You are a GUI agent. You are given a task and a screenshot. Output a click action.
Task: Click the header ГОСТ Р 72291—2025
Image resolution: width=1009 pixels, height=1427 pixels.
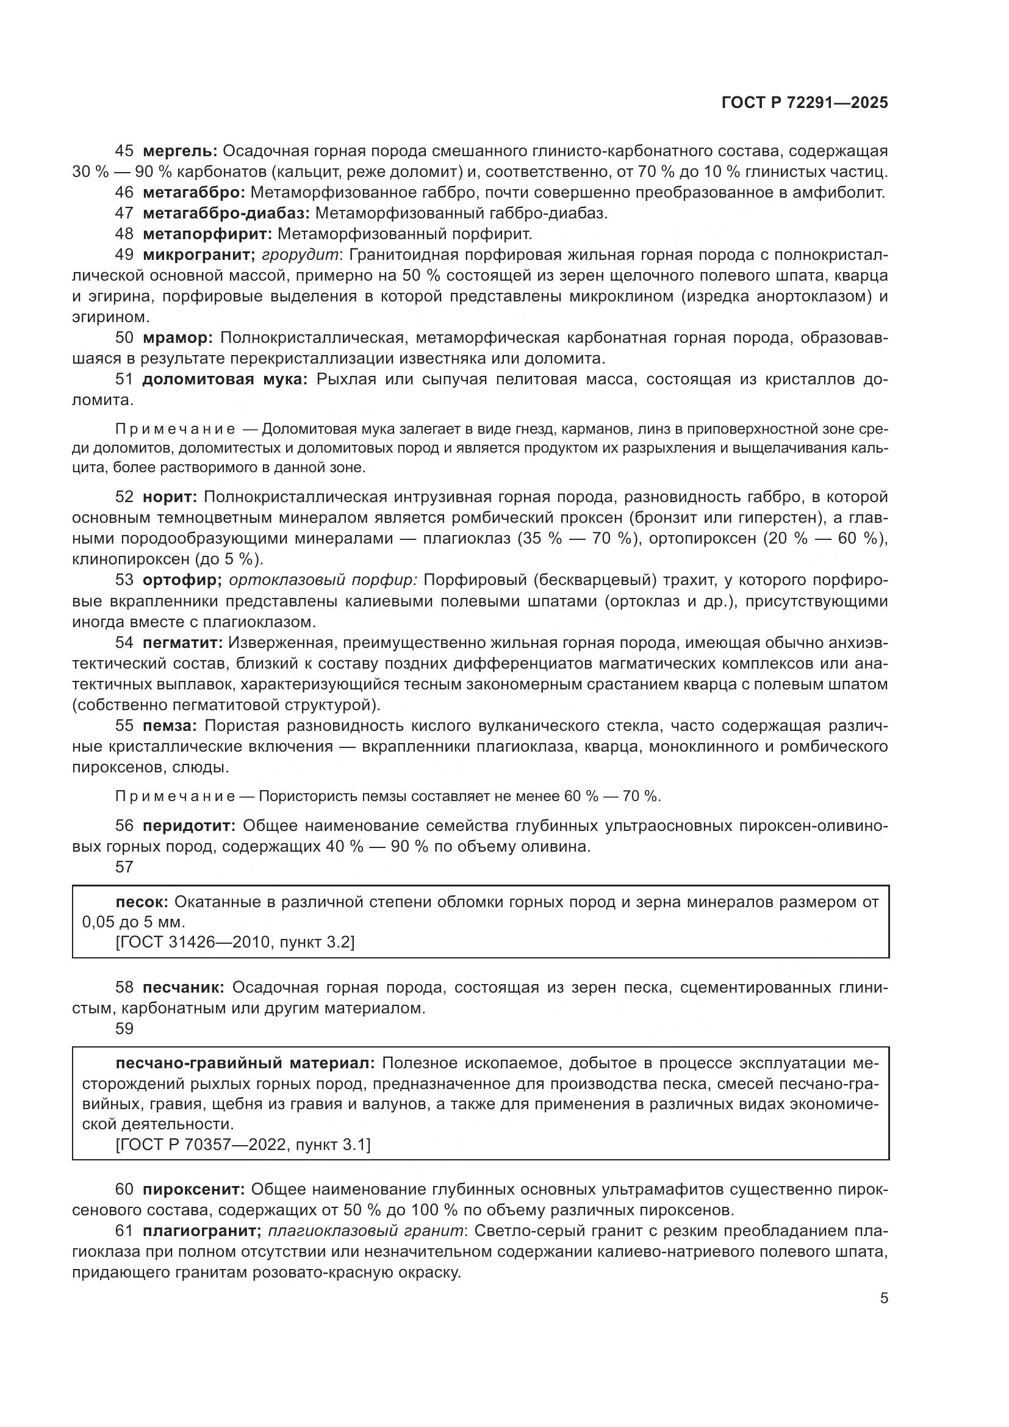pyautogui.click(x=805, y=103)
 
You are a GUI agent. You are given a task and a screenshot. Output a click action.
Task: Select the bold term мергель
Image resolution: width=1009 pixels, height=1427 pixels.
pyautogui.click(x=179, y=151)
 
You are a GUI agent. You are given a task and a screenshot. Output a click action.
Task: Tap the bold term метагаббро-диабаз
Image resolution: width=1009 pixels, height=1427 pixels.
pyautogui.click(x=226, y=213)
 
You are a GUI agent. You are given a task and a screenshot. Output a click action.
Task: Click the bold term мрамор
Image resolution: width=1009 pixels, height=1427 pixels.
pyautogui.click(x=178, y=337)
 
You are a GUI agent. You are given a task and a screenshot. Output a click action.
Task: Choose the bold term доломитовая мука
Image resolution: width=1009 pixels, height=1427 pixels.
pyautogui.click(x=225, y=379)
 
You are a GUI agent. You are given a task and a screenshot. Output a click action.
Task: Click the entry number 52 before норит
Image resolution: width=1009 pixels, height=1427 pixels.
pyautogui.click(x=124, y=497)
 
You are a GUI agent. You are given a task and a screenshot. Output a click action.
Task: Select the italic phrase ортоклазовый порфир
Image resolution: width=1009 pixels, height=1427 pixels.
pyautogui.click(x=323, y=580)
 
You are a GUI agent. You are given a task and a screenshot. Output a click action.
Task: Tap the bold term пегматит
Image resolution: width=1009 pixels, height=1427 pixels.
pyautogui.click(x=182, y=642)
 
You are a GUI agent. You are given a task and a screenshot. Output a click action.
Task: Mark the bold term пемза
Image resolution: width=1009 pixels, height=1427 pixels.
pyautogui.click(x=170, y=725)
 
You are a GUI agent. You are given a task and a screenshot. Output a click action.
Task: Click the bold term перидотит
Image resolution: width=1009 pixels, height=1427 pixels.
pyautogui.click(x=189, y=826)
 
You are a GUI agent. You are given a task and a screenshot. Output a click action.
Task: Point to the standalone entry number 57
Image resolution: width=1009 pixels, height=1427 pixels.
pyautogui.click(x=124, y=866)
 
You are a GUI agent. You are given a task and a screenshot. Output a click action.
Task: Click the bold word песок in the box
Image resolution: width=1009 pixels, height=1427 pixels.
pyautogui.click(x=142, y=902)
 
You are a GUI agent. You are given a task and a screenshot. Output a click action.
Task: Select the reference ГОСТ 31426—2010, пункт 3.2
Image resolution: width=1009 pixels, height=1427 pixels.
pyautogui.click(x=235, y=943)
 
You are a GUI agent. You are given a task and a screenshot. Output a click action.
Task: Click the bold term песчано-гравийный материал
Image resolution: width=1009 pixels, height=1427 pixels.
pyautogui.click(x=245, y=1063)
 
